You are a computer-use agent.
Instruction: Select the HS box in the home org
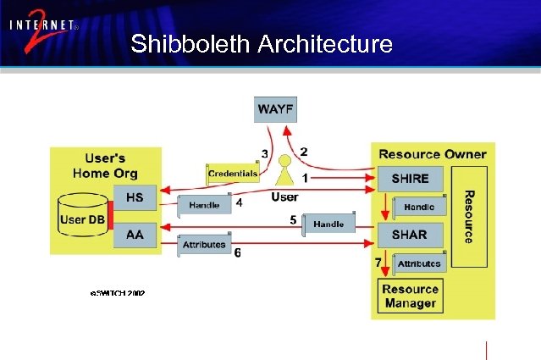point(135,198)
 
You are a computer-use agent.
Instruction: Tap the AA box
point(135,234)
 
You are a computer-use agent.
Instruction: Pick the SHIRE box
point(410,179)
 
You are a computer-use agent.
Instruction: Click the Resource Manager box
point(410,296)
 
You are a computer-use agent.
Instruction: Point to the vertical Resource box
point(467,216)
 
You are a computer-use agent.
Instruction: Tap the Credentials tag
point(233,174)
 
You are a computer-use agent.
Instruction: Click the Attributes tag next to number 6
point(204,245)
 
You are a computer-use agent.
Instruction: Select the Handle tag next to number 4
point(204,205)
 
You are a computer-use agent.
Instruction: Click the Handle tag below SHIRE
point(418,207)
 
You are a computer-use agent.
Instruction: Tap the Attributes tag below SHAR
point(418,263)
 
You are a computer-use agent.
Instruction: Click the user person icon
point(284,171)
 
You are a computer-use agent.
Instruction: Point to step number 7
point(378,263)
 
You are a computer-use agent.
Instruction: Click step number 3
point(265,153)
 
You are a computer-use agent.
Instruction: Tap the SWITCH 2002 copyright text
point(117,293)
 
